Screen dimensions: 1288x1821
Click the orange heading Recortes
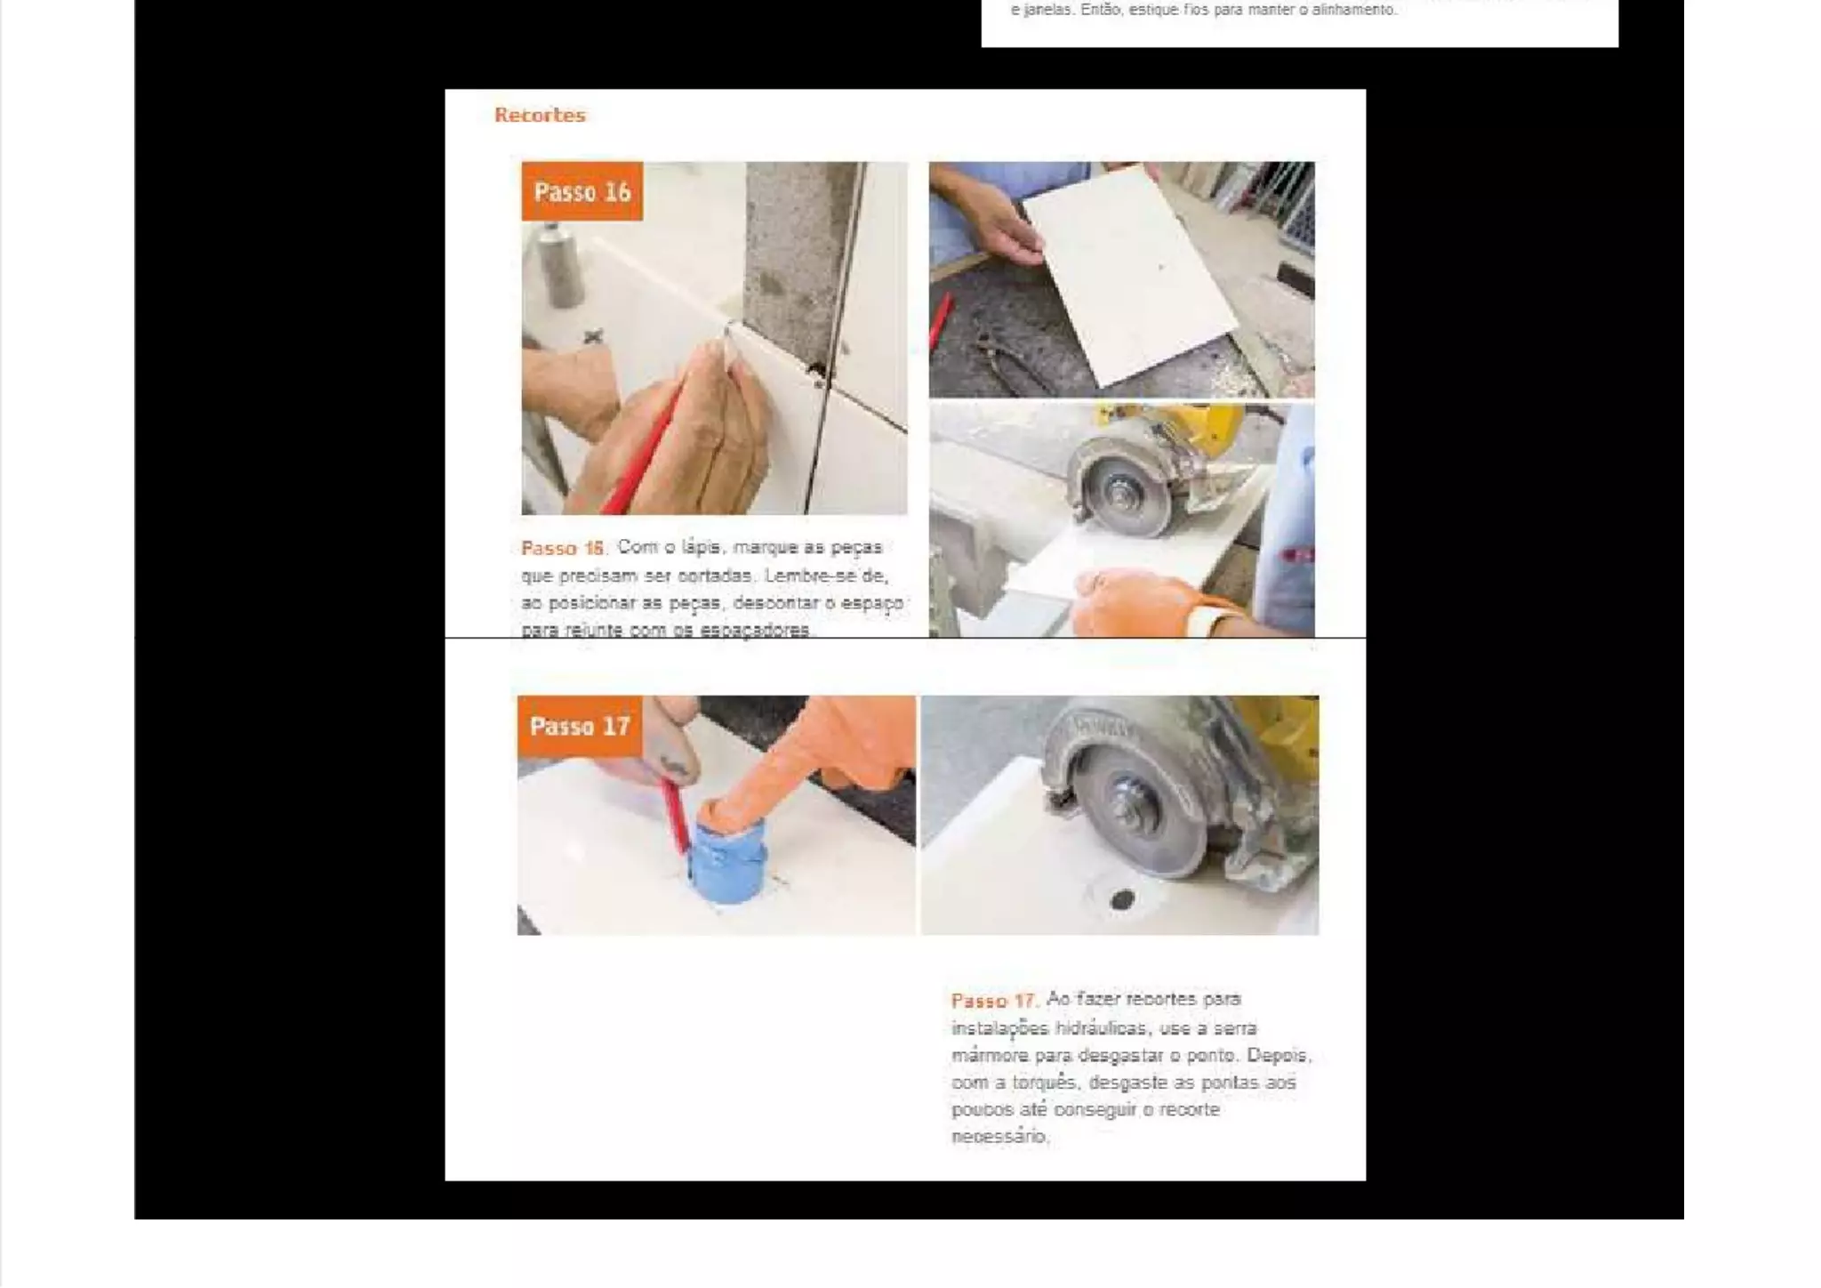540,115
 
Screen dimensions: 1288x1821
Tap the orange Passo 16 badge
582,191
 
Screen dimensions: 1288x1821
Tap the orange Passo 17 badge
579,726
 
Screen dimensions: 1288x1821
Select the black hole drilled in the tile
1122,899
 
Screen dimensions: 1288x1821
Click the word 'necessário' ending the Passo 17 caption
999,1137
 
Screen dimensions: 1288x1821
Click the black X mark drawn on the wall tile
593,336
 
